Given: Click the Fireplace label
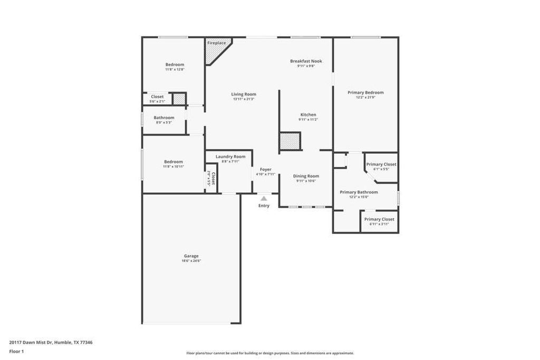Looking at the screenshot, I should pos(216,43).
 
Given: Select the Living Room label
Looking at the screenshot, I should pos(244,94).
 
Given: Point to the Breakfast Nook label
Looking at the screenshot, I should pos(306,61).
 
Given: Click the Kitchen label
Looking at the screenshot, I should pos(308,115).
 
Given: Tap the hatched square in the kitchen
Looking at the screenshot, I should pos(290,141).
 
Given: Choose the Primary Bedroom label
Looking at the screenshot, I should pos(365,93).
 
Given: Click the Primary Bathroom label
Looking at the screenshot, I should pos(359,192).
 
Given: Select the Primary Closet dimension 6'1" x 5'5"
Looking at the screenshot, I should pos(381,169).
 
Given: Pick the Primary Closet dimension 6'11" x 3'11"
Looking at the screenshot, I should pos(379,224).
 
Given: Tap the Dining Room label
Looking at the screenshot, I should pos(306,176).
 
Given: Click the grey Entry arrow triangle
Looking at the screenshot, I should pos(264,198).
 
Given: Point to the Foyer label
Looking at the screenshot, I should pos(265,170).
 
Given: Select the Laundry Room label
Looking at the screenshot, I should pos(230,157).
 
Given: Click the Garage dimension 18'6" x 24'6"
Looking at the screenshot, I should pos(191,261).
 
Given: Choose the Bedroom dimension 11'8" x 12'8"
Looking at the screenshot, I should pos(175,70).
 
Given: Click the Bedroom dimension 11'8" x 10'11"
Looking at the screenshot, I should pos(173,167).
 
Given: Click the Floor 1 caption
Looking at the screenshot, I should pos(16,351).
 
